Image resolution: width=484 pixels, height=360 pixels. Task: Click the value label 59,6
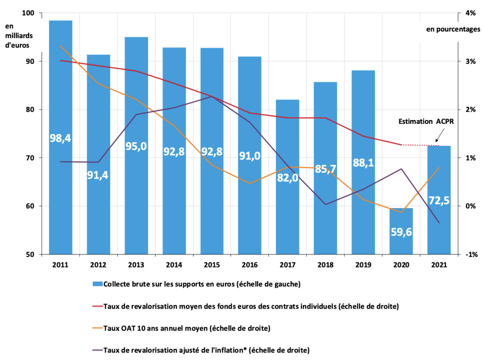point(401,232)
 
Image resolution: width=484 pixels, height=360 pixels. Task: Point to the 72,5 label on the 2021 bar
point(439,199)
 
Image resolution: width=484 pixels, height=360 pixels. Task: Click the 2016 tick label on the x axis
point(250,265)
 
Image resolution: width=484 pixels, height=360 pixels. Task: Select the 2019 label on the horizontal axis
point(363,265)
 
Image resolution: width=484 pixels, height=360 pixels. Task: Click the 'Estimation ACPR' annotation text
point(426,121)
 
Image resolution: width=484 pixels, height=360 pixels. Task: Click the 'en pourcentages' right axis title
point(453,29)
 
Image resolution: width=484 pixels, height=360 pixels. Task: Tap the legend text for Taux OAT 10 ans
point(187,329)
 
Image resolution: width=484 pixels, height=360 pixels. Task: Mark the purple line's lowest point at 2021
point(439,223)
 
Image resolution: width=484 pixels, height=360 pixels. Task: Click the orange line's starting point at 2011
point(60,45)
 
